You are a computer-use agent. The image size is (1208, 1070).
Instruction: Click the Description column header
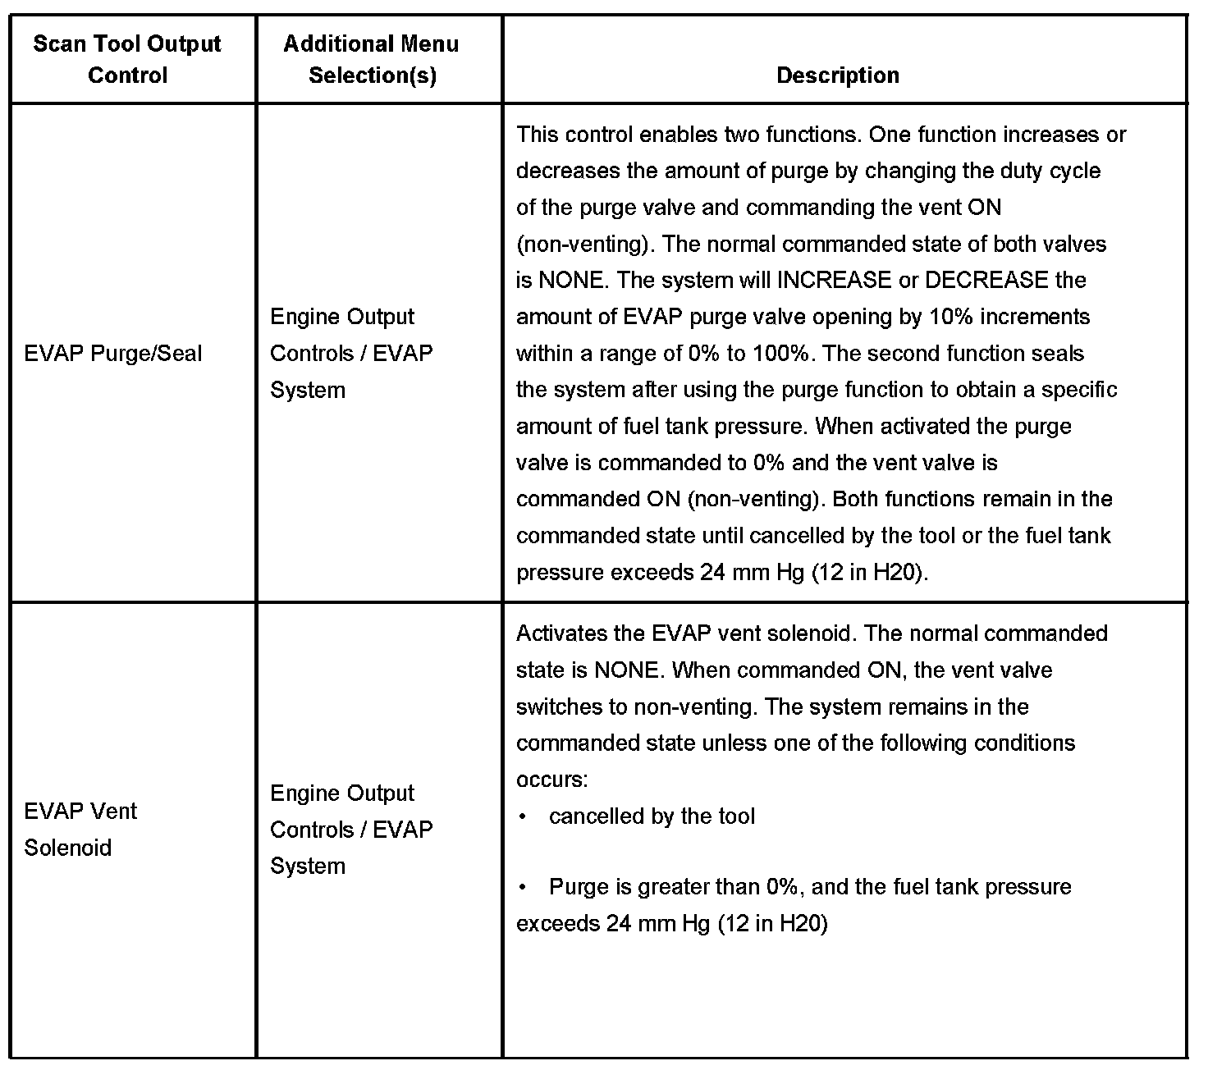[837, 75]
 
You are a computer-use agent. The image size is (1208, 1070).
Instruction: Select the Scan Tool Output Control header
[127, 59]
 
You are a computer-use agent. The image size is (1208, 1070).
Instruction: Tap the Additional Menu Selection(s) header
[371, 59]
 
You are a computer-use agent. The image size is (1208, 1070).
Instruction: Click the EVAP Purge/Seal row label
[113, 354]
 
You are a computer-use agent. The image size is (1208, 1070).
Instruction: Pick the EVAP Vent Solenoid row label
[80, 829]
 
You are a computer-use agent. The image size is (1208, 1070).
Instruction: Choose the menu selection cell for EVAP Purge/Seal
[351, 353]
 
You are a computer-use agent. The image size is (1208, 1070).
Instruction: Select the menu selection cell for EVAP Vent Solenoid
[351, 830]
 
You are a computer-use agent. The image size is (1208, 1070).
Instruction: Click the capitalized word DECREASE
[987, 281]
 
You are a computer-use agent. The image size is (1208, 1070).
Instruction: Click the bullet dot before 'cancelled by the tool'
[523, 816]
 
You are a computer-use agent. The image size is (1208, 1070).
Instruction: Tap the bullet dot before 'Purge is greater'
[523, 887]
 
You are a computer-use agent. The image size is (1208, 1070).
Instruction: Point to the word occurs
[551, 780]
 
